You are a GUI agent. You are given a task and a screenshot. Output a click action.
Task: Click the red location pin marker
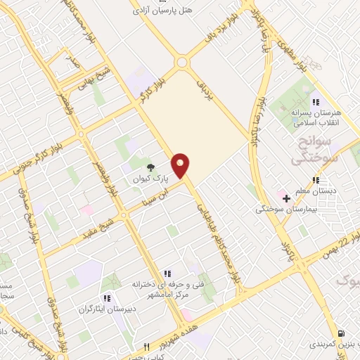click(x=181, y=165)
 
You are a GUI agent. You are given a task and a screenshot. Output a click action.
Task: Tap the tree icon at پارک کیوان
click(x=150, y=167)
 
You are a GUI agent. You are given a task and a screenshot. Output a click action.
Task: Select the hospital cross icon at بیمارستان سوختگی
click(x=286, y=198)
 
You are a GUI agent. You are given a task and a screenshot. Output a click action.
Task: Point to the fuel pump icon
click(x=341, y=333)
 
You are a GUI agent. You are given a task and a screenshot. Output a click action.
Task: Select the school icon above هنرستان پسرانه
click(x=316, y=102)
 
